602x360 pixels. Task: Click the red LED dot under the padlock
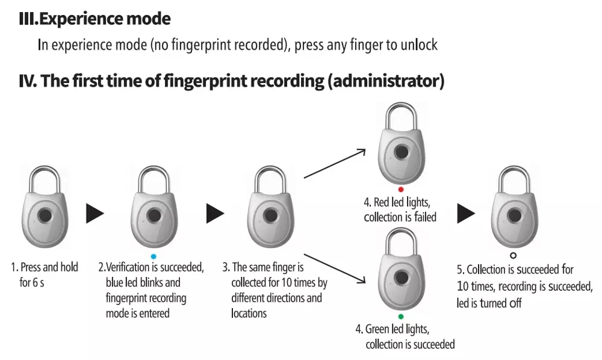coord(400,189)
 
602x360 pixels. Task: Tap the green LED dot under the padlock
coord(400,316)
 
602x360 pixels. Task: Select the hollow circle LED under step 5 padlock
coord(512,255)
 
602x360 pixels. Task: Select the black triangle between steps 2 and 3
coord(215,213)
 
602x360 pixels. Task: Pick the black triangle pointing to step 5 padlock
coord(465,213)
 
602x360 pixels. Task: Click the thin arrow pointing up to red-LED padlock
coord(335,162)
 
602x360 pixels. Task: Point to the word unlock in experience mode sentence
coord(419,45)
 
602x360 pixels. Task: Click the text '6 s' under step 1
coord(37,282)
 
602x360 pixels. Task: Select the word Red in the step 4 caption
coord(383,202)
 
